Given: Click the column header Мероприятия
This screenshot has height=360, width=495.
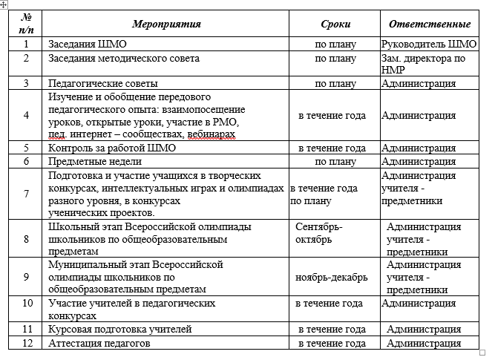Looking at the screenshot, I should (x=167, y=24).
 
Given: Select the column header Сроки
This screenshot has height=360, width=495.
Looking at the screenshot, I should (x=335, y=24).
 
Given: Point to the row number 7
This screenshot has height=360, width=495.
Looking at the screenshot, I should (x=26, y=194).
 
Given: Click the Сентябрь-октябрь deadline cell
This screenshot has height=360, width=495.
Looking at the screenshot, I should (x=319, y=232).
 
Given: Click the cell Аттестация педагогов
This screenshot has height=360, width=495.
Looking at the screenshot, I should (x=99, y=344).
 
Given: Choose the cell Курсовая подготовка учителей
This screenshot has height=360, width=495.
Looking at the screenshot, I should (x=119, y=329).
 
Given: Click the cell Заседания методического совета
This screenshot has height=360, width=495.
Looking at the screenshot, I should (x=123, y=58).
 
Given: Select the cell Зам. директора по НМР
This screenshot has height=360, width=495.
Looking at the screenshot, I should (x=422, y=64).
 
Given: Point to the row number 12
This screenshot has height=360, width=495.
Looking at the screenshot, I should (x=26, y=344).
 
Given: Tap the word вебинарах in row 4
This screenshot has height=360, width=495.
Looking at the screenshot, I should (x=212, y=136).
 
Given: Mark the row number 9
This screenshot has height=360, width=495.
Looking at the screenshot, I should (x=26, y=277).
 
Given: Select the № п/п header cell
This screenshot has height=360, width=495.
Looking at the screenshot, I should (x=26, y=24).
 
